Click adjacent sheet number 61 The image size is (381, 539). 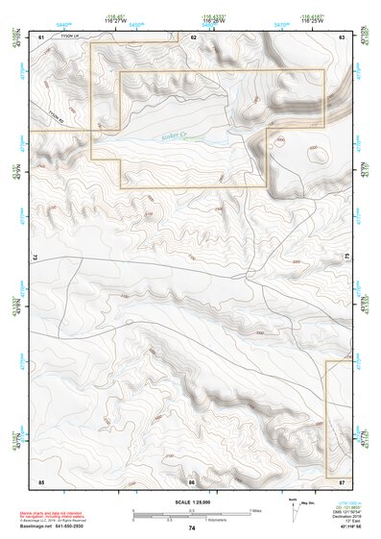(41, 37)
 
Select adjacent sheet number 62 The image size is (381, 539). (193, 37)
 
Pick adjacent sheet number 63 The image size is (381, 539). (342, 37)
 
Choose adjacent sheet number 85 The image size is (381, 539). (41, 479)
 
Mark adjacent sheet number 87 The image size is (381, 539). (342, 479)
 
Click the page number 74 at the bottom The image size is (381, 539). (192, 527)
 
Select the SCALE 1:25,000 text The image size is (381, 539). (191, 502)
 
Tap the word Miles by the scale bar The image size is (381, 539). (256, 510)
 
